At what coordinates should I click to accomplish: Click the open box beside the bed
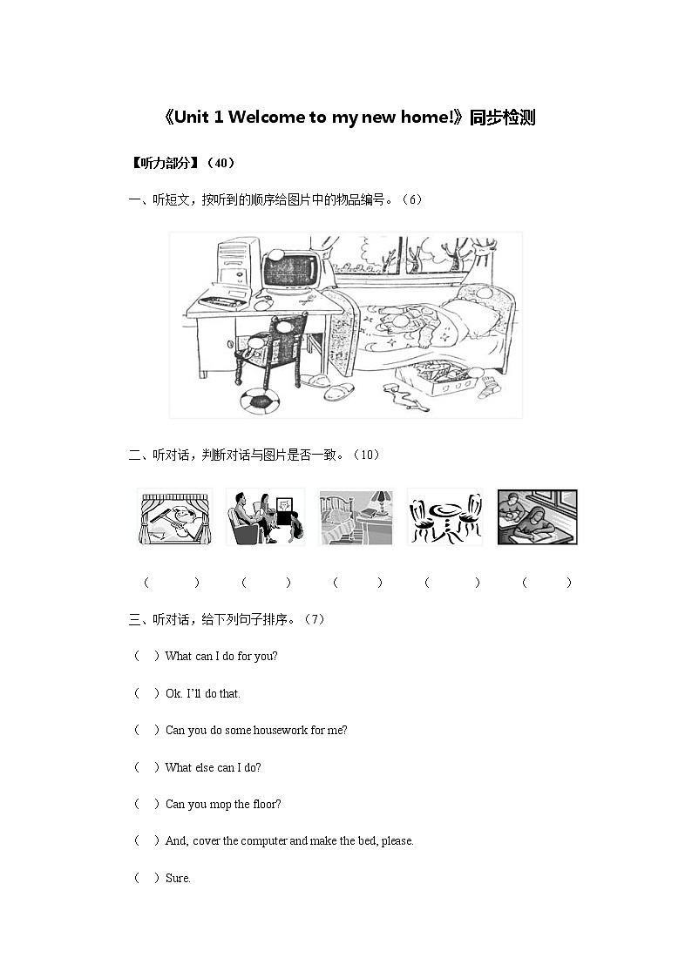tap(438, 378)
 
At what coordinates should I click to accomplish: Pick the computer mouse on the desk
tap(262, 305)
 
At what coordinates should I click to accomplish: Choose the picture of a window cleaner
tap(174, 517)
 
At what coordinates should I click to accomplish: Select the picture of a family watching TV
tap(265, 517)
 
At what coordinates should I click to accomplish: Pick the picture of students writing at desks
tap(537, 517)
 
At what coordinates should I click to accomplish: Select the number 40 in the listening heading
tap(220, 163)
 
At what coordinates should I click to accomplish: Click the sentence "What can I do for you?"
tap(221, 656)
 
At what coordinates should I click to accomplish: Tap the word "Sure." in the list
tap(178, 878)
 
